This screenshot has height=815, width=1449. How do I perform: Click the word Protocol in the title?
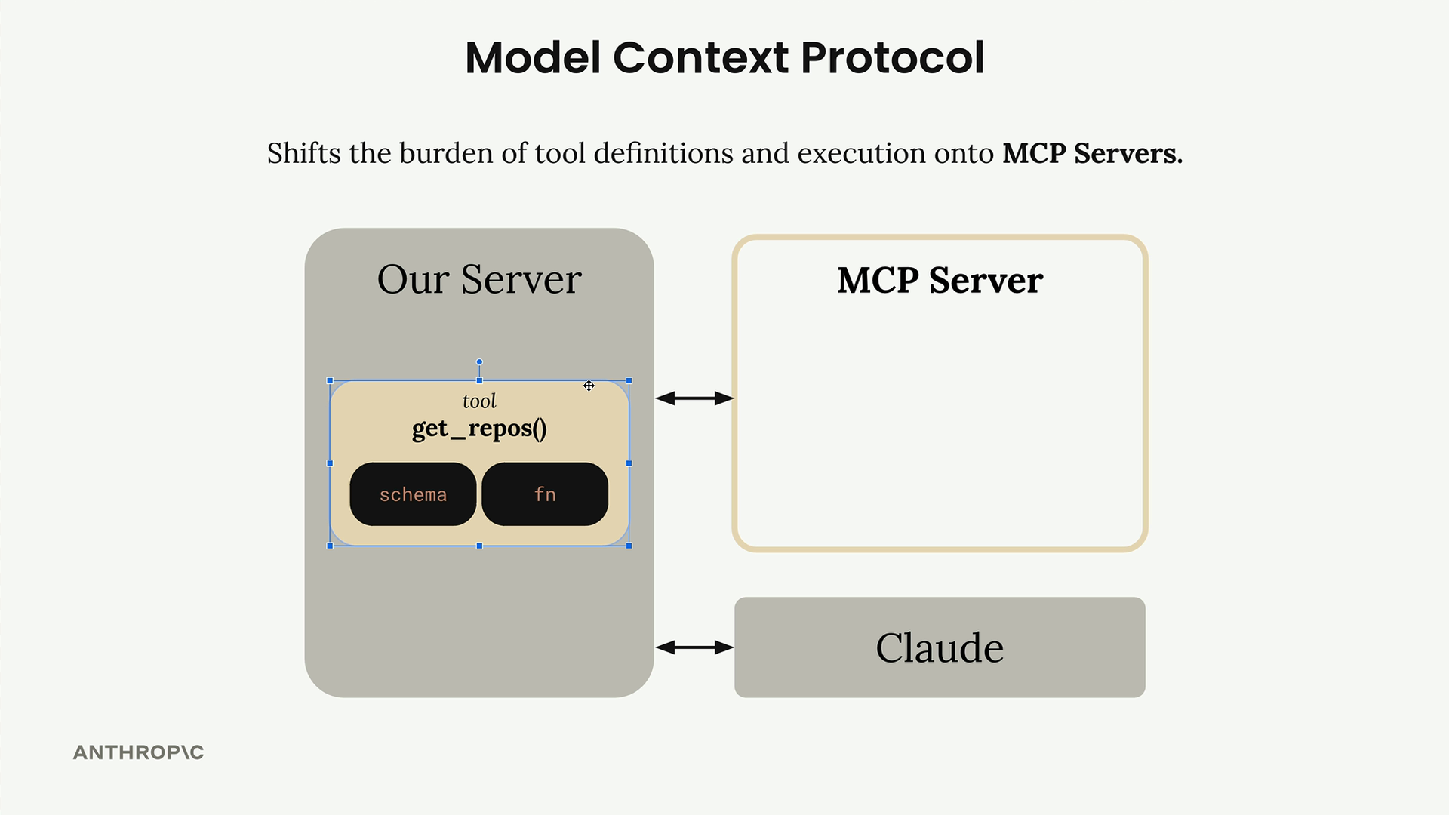click(x=892, y=57)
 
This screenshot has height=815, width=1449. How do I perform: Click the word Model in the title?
click(x=532, y=57)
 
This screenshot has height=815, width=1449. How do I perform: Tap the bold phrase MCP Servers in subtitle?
click(x=1091, y=153)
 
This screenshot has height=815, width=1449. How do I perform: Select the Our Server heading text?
click(x=479, y=279)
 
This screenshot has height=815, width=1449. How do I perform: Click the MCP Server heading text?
click(x=940, y=281)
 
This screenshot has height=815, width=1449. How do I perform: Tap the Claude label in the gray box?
click(x=940, y=647)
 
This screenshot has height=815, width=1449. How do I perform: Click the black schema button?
click(x=413, y=494)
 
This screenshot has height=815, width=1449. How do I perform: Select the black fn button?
click(x=545, y=494)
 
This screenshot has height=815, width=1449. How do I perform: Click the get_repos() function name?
click(x=479, y=429)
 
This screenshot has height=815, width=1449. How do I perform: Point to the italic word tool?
click(x=479, y=401)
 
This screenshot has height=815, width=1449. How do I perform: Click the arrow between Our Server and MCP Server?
click(x=694, y=398)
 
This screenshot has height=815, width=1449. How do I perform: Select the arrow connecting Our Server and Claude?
click(x=694, y=647)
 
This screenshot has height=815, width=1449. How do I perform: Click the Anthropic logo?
click(x=138, y=752)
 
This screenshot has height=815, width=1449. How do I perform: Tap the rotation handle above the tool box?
click(x=479, y=362)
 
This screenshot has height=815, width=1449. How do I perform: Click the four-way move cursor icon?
click(x=589, y=386)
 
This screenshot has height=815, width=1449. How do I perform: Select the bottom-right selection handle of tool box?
click(x=629, y=546)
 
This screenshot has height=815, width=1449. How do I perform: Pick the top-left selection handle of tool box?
click(x=330, y=381)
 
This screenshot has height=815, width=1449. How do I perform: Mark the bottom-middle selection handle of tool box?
click(x=479, y=546)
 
